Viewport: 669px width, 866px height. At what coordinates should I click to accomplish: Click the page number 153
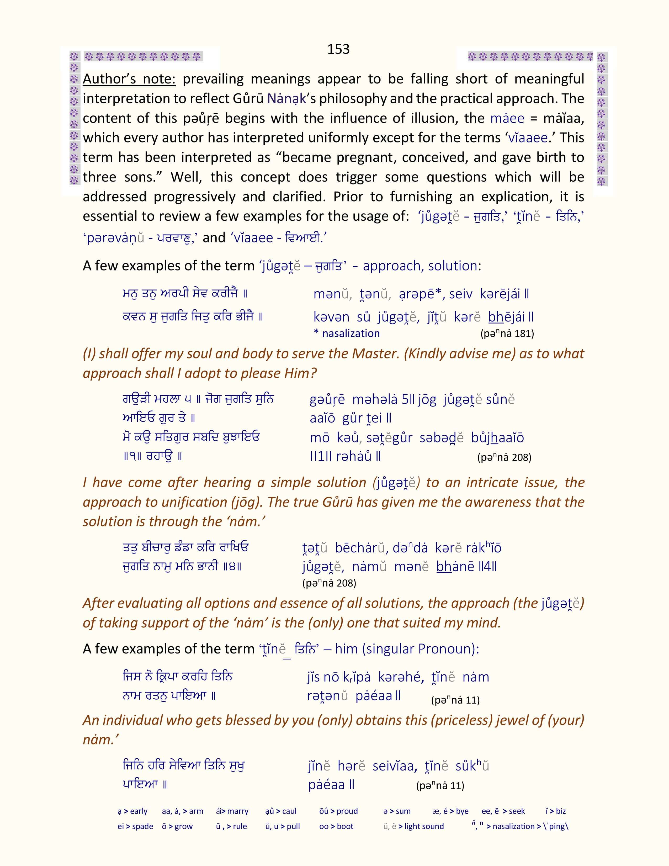338,49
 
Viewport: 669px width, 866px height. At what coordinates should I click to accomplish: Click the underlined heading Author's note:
129,79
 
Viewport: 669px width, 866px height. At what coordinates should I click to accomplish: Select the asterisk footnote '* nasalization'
347,334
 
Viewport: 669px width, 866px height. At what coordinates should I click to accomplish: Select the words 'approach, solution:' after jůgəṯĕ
422,266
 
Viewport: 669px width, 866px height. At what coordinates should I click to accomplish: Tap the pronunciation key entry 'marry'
237,811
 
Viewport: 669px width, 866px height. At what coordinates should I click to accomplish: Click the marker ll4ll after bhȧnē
487,567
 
